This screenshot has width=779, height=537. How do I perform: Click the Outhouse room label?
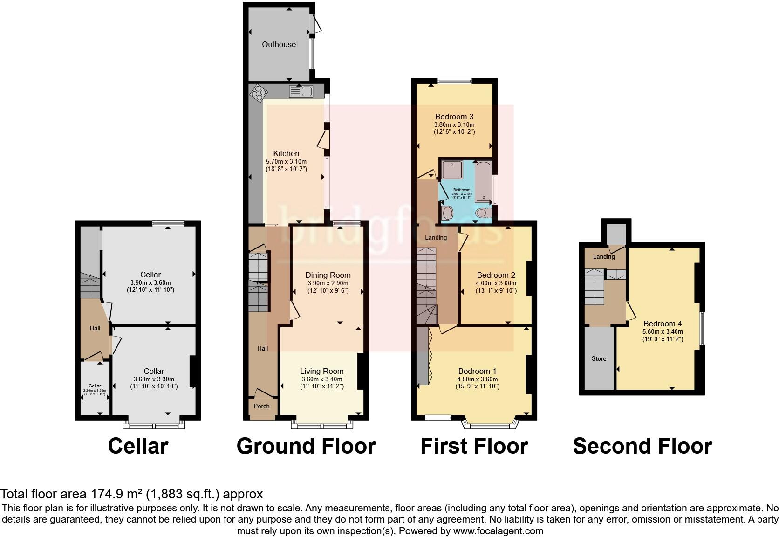pos(279,44)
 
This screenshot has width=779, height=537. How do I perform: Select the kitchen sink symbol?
pos(301,91)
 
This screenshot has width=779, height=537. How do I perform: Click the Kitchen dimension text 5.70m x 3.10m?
pos(286,161)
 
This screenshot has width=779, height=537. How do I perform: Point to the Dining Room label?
pos(328,275)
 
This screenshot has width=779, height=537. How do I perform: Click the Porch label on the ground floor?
pos(261,406)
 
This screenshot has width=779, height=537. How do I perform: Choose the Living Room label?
pos(321,371)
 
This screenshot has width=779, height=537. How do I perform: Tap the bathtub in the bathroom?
pos(483,182)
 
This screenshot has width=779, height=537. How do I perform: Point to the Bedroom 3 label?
pos(454,117)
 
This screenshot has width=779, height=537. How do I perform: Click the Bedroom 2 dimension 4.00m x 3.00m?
pos(496,283)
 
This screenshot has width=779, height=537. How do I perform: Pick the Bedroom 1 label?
pos(478,371)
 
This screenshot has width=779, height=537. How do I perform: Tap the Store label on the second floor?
pos(599,358)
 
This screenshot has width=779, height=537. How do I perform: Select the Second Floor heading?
pos(642,446)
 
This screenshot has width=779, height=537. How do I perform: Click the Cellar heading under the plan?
pos(138,446)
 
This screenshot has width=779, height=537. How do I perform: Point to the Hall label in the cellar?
pos(95,328)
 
